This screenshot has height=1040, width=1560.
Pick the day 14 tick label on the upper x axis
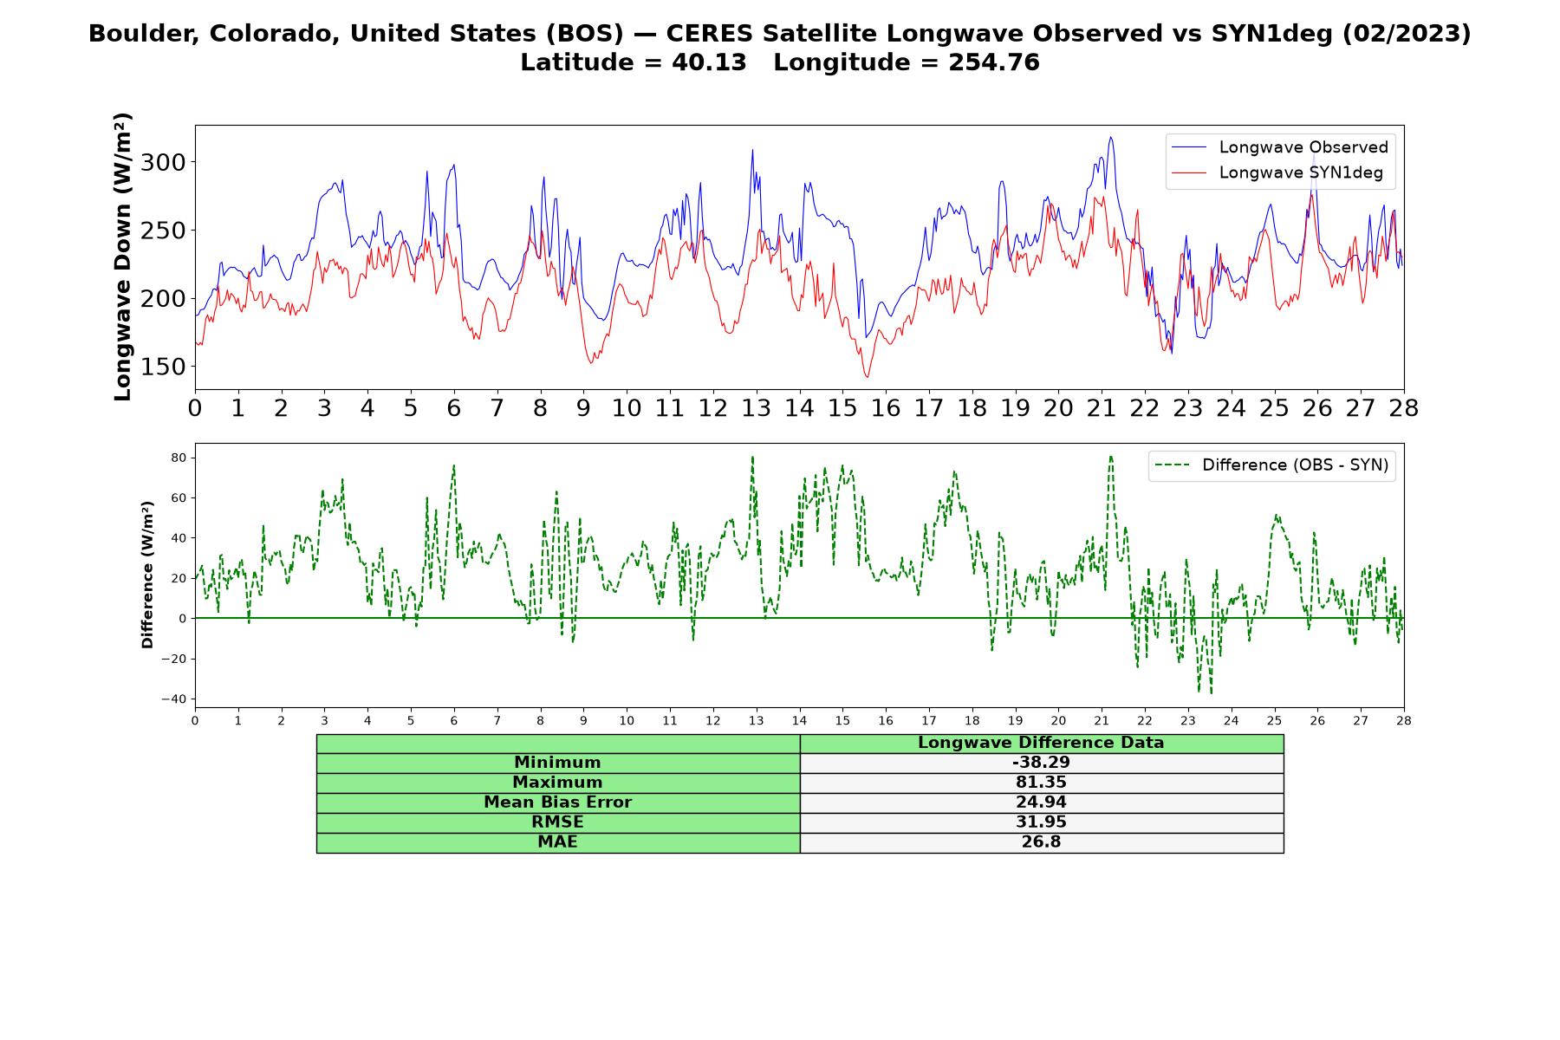[799, 408]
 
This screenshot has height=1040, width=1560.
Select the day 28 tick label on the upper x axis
[1403, 408]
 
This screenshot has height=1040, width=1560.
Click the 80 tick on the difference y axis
[179, 458]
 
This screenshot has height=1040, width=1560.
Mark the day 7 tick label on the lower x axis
[497, 720]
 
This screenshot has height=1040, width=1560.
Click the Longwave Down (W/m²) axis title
[122, 257]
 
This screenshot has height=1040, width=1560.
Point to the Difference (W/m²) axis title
[147, 575]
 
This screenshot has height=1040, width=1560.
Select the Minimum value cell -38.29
[1041, 763]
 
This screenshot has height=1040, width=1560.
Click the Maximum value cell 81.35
[1041, 783]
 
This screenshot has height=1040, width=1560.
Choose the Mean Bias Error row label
[557, 803]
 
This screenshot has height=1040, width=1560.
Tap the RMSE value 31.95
[1041, 822]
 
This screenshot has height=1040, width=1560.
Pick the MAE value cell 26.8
[1041, 842]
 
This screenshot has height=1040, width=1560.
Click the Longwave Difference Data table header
[1041, 743]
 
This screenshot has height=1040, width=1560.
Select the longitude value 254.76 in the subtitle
[994, 62]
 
